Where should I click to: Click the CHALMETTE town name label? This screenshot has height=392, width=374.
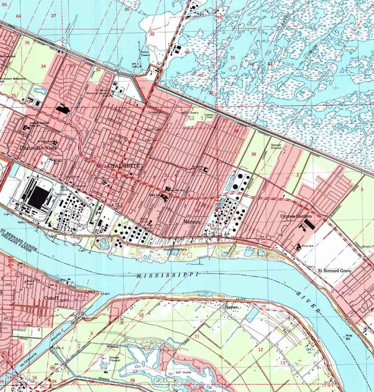point(123,166)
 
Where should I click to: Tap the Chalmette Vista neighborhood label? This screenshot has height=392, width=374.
point(38,148)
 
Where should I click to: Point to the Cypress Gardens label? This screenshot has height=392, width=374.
point(296,216)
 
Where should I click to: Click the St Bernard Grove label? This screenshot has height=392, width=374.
point(334,271)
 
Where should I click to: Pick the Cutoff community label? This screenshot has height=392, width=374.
point(51,298)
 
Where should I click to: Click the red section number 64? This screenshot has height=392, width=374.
point(18,16)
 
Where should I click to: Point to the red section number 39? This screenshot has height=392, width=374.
point(253,154)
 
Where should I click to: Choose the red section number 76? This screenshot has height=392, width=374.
point(27,43)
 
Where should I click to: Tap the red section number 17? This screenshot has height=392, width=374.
point(135,371)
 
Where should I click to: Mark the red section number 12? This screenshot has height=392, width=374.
point(260,350)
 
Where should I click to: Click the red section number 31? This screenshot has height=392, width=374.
point(233,58)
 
